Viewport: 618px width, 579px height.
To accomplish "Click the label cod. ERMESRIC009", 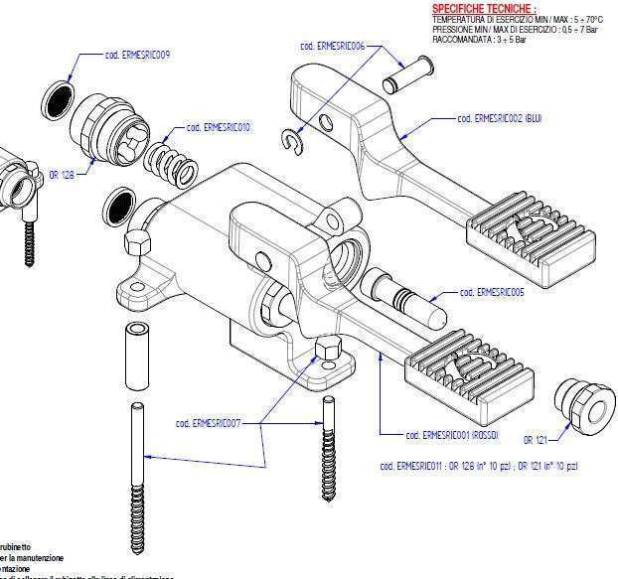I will (136, 55).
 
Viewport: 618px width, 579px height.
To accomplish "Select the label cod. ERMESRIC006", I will (332, 46).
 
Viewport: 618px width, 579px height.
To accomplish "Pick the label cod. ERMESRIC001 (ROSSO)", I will (452, 435).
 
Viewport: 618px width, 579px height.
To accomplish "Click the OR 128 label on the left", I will (62, 174).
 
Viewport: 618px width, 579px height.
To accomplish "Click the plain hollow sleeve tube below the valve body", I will (136, 359).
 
